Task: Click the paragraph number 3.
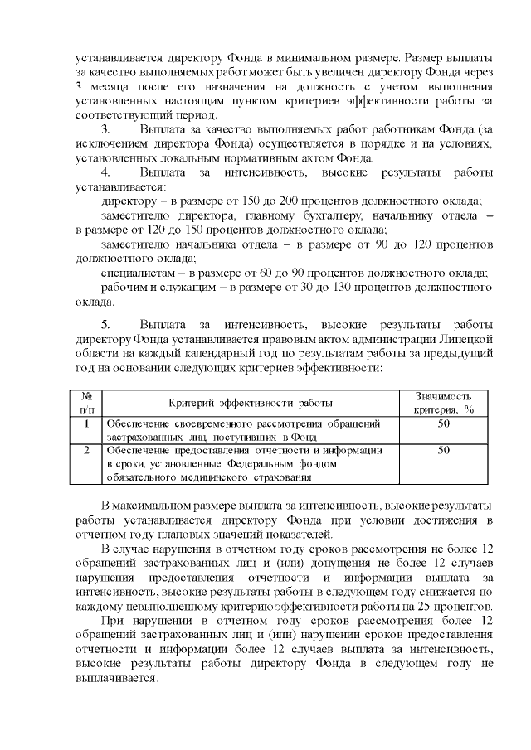[x=105, y=130]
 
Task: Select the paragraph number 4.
[x=105, y=172]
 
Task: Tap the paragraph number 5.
[x=105, y=322]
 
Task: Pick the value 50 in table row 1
[x=443, y=423]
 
